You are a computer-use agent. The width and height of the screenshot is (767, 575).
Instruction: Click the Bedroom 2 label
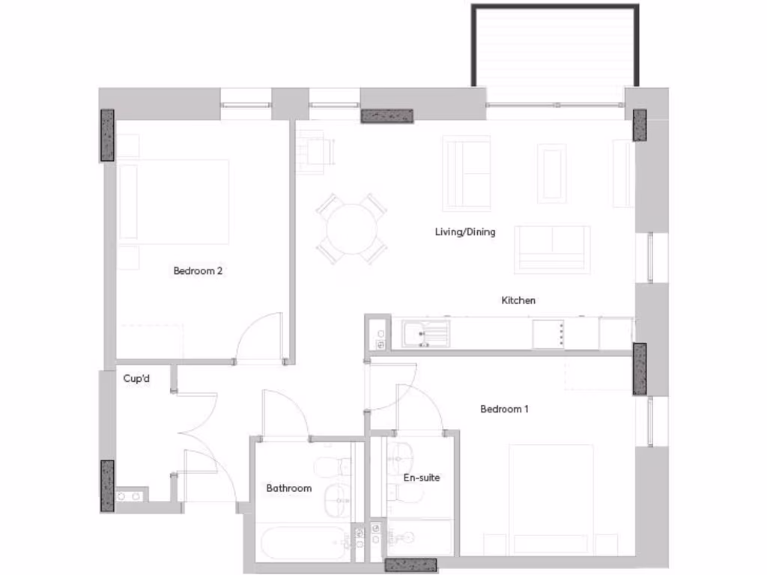click(198, 271)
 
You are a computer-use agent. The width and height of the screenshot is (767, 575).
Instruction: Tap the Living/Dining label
click(465, 232)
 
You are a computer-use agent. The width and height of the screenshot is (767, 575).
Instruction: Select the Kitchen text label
click(518, 300)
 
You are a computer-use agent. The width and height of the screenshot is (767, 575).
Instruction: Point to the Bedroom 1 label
click(505, 409)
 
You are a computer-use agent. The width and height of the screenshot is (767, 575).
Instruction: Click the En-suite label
click(422, 477)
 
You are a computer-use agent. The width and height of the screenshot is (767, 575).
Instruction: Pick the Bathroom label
click(289, 488)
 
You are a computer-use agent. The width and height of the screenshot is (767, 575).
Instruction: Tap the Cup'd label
click(137, 379)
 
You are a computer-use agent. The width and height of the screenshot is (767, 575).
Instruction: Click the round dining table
click(352, 228)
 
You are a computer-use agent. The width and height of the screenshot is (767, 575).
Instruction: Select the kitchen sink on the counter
click(425, 333)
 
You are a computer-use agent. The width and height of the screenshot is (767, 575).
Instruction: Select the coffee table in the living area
click(552, 173)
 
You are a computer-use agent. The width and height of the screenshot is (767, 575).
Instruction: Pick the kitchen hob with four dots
click(549, 333)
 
